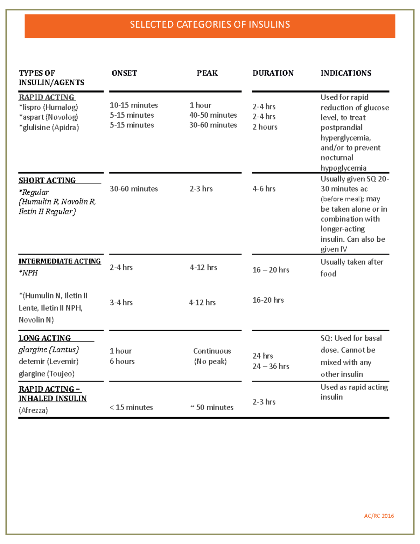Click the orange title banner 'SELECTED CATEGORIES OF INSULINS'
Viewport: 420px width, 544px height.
coord(210,25)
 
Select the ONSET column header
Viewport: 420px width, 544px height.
coord(124,73)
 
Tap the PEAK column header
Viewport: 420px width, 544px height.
coord(207,73)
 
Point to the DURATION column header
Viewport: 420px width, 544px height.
coord(273,73)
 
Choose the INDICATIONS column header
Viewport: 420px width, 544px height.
coord(346,73)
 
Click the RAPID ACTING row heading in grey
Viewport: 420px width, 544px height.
coord(47,97)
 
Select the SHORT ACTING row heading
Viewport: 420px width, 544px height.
coord(47,180)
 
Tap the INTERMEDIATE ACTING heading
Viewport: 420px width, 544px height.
coord(59,261)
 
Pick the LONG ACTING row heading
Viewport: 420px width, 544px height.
coord(45,338)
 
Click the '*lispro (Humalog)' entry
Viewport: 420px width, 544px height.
coord(48,107)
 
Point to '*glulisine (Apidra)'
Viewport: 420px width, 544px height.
coord(49,128)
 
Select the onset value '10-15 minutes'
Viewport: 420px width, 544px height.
coord(134,105)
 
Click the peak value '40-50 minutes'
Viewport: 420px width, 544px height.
coord(213,115)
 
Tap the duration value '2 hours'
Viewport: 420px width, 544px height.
coord(265,127)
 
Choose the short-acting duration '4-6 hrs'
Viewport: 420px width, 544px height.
coord(264,189)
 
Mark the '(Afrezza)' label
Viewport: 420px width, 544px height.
coord(33,410)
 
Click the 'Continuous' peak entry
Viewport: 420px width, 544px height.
coord(212,351)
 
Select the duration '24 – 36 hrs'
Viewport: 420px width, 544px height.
coord(271,366)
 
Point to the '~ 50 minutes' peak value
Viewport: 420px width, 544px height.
coord(212,407)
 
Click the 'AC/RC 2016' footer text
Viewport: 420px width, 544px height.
coord(379,516)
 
